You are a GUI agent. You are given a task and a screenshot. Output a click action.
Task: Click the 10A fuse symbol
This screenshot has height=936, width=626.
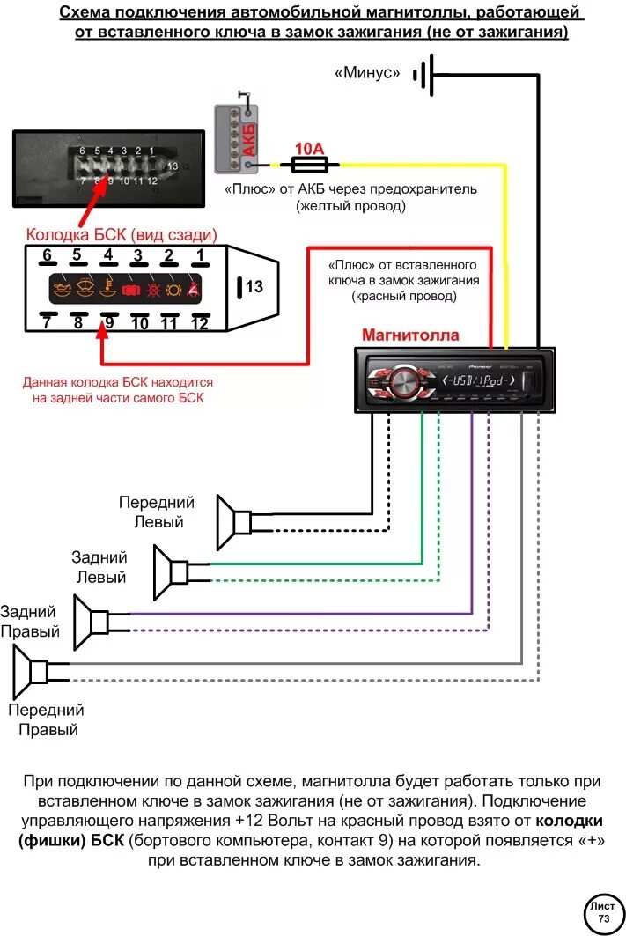pos(304,163)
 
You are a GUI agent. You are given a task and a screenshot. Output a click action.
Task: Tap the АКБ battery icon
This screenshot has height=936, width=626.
pos(238,136)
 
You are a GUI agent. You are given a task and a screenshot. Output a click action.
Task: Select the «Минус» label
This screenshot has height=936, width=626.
pos(367,73)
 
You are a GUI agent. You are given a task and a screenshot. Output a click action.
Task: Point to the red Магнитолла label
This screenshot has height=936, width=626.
pos(410,335)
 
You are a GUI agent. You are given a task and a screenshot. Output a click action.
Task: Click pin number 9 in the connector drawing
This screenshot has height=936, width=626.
pos(108,323)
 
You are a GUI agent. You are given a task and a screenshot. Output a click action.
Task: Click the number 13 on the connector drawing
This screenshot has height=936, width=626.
pos(254,286)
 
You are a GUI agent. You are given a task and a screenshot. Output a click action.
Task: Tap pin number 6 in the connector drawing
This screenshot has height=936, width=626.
pos(48,256)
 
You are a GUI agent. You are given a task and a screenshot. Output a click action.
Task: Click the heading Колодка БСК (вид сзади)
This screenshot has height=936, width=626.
pos(122,235)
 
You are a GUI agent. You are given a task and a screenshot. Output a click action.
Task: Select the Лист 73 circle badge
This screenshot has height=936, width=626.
pos(603,912)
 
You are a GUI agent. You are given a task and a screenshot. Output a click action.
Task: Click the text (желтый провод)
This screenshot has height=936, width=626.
pos(351,206)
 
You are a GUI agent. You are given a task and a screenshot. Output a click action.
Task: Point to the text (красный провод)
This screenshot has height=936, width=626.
pos(404,297)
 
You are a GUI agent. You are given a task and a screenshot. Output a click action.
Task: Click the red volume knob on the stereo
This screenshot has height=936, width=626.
pos(403,380)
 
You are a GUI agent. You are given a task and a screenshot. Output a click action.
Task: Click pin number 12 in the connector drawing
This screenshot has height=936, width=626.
pos(199,323)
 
